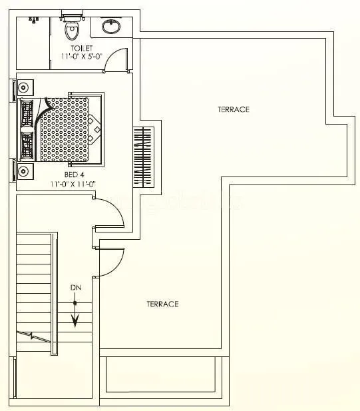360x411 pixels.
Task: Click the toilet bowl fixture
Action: [x=69, y=29]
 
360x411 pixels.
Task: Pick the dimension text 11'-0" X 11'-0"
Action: [x=74, y=183]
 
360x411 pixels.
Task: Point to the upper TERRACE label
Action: [x=233, y=109]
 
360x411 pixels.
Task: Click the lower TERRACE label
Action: [x=162, y=304]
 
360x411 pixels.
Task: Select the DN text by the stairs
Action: [x=75, y=288]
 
